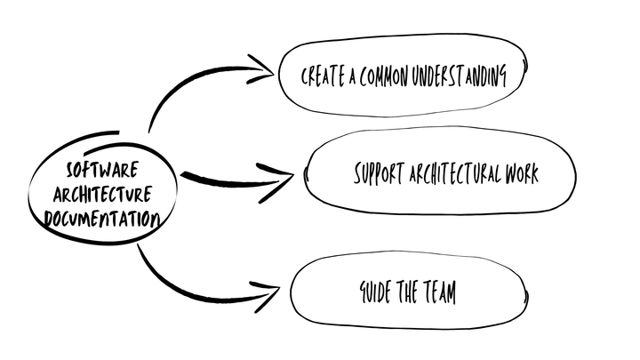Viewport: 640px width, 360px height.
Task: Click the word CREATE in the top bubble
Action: (321, 77)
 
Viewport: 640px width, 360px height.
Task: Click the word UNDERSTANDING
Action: (463, 77)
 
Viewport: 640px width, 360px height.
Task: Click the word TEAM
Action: (436, 292)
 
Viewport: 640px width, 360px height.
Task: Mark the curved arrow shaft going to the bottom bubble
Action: (178, 283)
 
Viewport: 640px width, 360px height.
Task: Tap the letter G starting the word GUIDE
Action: (364, 292)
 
